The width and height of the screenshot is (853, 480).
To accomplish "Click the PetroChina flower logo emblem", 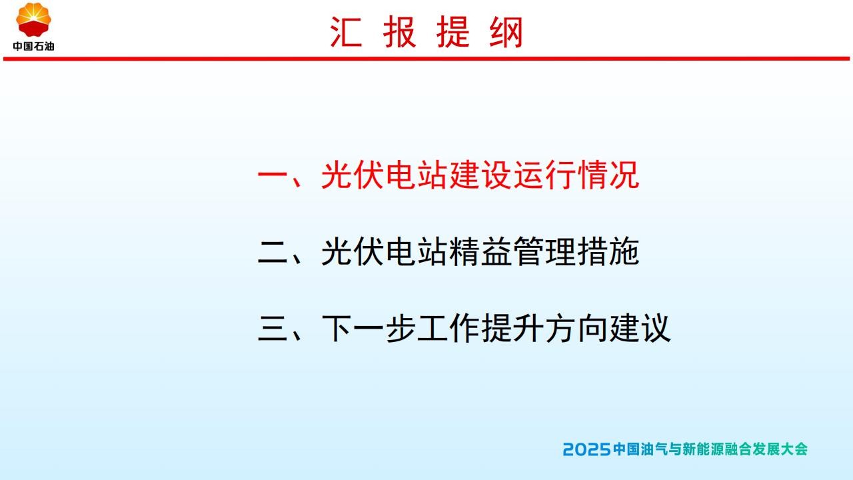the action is (33, 19).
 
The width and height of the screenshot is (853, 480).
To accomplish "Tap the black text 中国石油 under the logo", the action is (33, 47).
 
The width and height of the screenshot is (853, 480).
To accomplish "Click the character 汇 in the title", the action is (346, 33).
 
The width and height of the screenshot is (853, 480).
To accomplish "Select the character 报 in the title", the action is (399, 33).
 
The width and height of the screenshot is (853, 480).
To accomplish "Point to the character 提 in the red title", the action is (452, 33).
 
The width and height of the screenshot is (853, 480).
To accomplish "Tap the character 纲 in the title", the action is (506, 33).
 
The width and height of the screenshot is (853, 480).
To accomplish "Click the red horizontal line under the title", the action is (426, 59).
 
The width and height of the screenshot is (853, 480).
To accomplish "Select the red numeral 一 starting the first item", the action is (273, 175).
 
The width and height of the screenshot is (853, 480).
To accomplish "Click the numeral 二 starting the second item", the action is (273, 252).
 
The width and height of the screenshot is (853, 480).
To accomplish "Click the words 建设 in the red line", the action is (480, 175).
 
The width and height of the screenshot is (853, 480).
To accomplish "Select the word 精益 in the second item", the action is (480, 251).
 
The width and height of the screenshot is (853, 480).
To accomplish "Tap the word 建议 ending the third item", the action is (640, 328).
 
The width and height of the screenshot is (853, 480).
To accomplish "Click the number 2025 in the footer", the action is (587, 449).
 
